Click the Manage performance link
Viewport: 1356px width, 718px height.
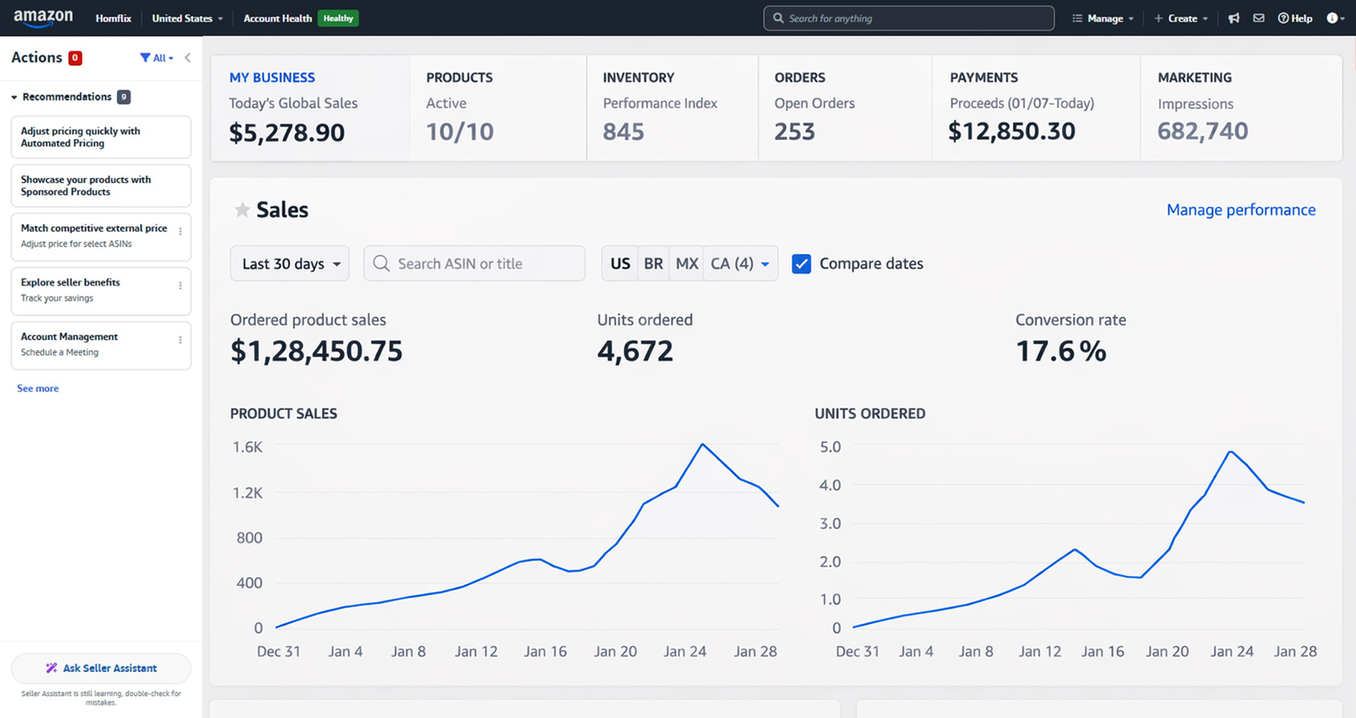pyautogui.click(x=1241, y=210)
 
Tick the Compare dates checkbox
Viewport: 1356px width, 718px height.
pyautogui.click(x=801, y=264)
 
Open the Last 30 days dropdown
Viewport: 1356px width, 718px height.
pyautogui.click(x=290, y=264)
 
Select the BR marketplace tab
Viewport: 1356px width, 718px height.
pyautogui.click(x=653, y=264)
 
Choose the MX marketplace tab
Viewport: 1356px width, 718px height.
pyautogui.click(x=686, y=264)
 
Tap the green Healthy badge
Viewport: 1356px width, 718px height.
pyautogui.click(x=338, y=19)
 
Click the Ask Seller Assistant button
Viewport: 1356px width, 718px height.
pyautogui.click(x=101, y=668)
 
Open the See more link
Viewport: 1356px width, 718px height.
pyautogui.click(x=38, y=388)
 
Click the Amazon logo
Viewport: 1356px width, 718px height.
pyautogui.click(x=43, y=17)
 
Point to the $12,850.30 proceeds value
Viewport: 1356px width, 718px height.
pyautogui.click(x=1012, y=131)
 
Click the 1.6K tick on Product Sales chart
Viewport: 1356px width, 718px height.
pyautogui.click(x=247, y=447)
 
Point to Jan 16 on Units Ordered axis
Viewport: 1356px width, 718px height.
pyautogui.click(x=1103, y=651)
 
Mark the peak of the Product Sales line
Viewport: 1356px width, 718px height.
pyautogui.click(x=703, y=444)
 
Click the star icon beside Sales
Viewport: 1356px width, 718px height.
pyautogui.click(x=242, y=210)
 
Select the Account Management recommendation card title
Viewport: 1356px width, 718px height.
pyautogui.click(x=69, y=337)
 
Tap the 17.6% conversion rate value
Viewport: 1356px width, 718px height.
pyautogui.click(x=1060, y=351)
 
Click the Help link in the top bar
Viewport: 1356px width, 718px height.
pyautogui.click(x=1295, y=19)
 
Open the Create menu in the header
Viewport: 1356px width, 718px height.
pyautogui.click(x=1181, y=19)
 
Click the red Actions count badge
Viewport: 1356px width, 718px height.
pyautogui.click(x=75, y=58)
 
